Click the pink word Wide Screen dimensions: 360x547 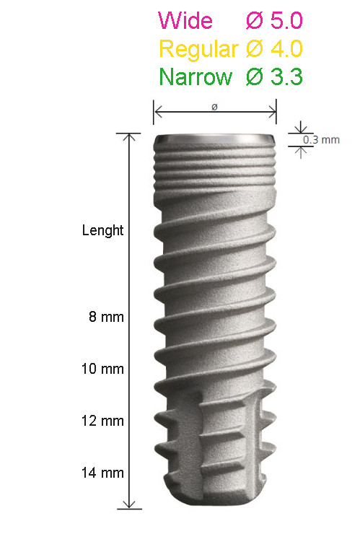coord(185,21)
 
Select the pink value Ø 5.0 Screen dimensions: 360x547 coord(274,21)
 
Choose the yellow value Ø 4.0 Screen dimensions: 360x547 coord(274,48)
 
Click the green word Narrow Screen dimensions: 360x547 coord(196,76)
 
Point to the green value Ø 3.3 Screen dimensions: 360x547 coord(274,76)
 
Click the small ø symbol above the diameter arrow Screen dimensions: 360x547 coord(214,107)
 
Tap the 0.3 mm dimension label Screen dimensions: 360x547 coord(321,140)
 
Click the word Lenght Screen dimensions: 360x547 coord(102,231)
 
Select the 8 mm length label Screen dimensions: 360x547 coord(106,317)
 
